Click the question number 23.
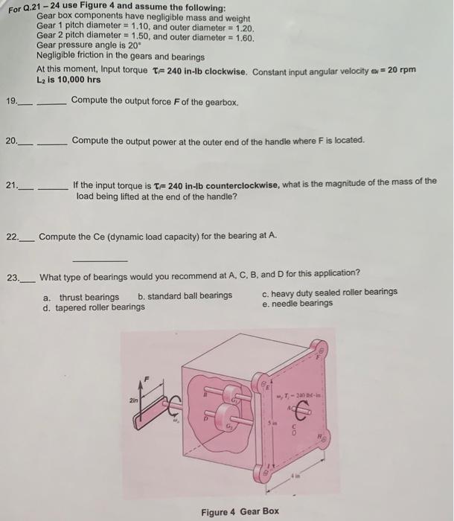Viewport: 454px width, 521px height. pos(13,278)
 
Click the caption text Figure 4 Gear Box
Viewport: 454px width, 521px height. pos(240,511)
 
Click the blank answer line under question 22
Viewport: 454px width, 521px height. pos(100,260)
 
